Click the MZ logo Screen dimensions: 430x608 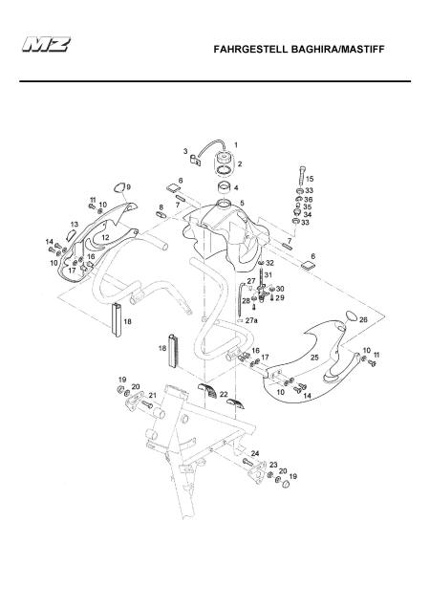(46, 44)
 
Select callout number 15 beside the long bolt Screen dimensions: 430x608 (310, 179)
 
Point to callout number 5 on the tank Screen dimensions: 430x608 (242, 203)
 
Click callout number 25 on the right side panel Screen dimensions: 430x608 (314, 358)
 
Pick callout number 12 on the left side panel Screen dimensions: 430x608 (105, 237)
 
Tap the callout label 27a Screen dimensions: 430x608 (251, 320)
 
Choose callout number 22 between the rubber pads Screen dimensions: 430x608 (224, 395)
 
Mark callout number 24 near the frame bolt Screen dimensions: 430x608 (255, 453)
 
